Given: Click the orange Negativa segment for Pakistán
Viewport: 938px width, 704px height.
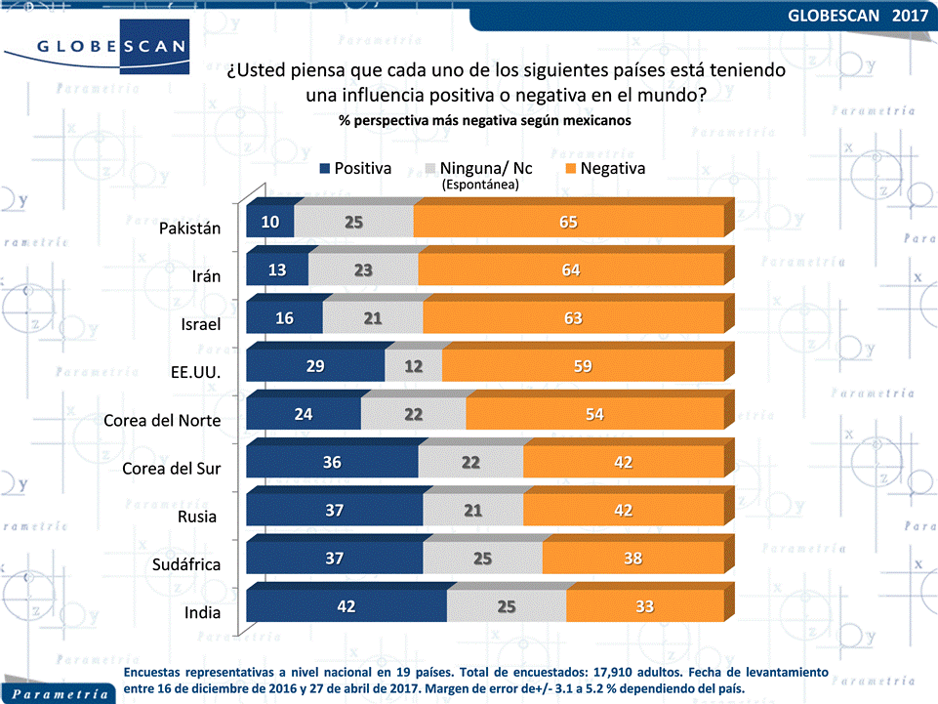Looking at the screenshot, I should pyautogui.click(x=568, y=222).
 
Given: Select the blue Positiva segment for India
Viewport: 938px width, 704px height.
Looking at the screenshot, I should pyautogui.click(x=346, y=606).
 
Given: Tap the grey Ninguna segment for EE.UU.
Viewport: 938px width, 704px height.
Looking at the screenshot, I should pyautogui.click(x=413, y=366).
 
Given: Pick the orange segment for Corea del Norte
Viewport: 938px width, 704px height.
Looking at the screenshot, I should pyautogui.click(x=594, y=414).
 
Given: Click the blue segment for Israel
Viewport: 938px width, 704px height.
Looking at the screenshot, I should pyautogui.click(x=284, y=318).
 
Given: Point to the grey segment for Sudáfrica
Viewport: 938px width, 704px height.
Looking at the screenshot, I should pyautogui.click(x=482, y=559).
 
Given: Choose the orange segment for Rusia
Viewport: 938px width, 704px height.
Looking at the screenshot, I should pyautogui.click(x=623, y=510).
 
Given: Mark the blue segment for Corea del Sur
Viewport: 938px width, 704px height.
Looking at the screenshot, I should pyautogui.click(x=332, y=462).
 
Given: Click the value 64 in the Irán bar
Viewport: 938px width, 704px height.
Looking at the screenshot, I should pyautogui.click(x=571, y=270).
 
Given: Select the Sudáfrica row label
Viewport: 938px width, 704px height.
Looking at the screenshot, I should pyautogui.click(x=186, y=564).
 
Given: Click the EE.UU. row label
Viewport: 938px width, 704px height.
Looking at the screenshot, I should pyautogui.click(x=196, y=372).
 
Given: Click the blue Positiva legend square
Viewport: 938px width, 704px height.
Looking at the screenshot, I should pyautogui.click(x=325, y=169).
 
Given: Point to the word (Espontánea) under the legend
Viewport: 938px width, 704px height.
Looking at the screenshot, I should pyautogui.click(x=480, y=184).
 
